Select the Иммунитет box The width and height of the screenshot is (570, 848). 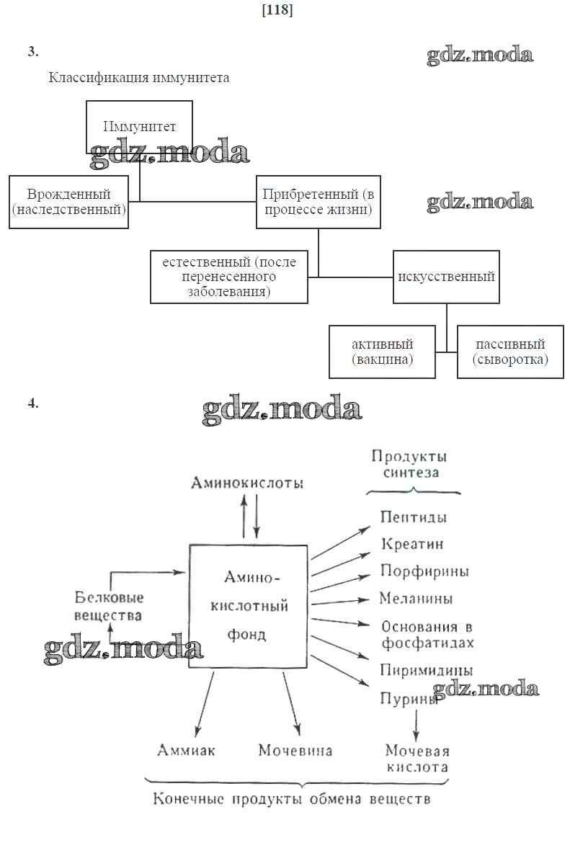139,127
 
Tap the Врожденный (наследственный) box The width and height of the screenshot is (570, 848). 68,202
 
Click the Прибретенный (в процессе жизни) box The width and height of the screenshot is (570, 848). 319,202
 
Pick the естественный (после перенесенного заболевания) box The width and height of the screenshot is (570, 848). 229,277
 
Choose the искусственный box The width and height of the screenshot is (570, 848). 446,277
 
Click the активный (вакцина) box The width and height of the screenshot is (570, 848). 383,352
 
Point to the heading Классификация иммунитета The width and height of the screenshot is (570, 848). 139,78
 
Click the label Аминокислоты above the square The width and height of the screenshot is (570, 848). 247,483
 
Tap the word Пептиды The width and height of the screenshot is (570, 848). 413,517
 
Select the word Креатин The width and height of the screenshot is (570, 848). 412,544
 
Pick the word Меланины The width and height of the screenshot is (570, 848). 417,598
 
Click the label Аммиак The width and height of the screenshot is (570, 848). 187,750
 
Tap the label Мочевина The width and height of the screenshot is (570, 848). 295,750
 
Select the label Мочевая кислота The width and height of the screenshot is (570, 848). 417,759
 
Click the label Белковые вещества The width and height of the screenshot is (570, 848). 109,606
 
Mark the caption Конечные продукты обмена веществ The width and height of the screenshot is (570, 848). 292,799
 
